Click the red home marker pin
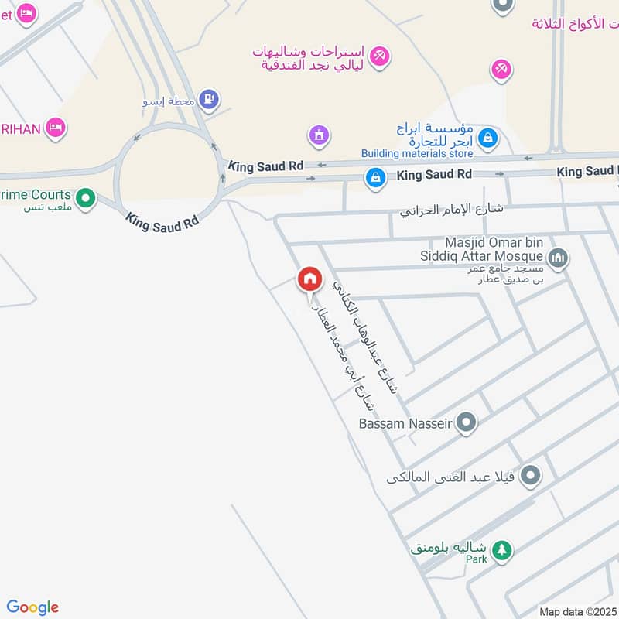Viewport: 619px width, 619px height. [309, 279]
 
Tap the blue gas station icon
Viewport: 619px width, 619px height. [208, 99]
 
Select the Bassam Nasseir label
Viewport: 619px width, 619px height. [406, 423]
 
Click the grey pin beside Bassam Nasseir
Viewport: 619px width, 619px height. [466, 422]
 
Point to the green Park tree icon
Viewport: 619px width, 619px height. [502, 549]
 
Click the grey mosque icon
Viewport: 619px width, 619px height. [557, 258]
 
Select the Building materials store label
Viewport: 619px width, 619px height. [417, 153]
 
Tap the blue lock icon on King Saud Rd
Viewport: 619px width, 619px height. [375, 177]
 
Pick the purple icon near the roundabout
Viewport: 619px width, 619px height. [318, 136]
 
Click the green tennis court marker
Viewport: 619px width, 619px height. [87, 200]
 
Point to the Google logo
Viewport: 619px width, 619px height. [32, 607]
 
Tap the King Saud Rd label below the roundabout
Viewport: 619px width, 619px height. [162, 221]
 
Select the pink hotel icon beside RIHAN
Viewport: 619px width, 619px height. [55, 128]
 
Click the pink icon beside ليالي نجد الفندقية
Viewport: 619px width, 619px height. [379, 56]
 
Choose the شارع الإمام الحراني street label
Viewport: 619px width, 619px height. [452, 210]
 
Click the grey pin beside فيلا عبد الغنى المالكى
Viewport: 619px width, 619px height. [530, 476]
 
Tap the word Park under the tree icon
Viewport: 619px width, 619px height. [477, 559]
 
